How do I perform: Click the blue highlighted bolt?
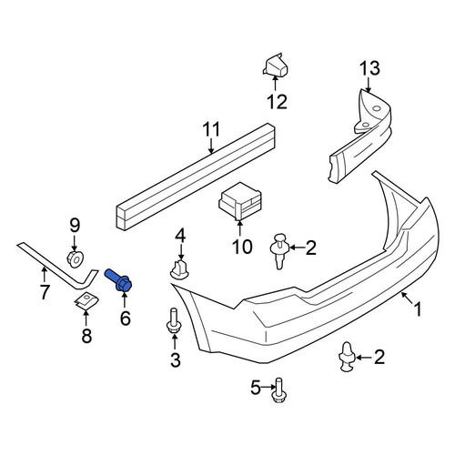pyautogui.click(x=118, y=280)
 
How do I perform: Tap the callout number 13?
pyautogui.click(x=369, y=68)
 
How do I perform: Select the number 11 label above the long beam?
pyautogui.click(x=211, y=129)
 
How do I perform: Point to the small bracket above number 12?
pyautogui.click(x=276, y=65)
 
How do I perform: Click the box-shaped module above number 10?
pyautogui.click(x=239, y=201)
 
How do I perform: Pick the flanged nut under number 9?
pyautogui.click(x=75, y=259)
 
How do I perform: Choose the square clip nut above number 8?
pyautogui.click(x=86, y=300)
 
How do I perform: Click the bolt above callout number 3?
pyautogui.click(x=174, y=320)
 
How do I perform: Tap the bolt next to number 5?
pyautogui.click(x=278, y=390)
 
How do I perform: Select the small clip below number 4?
pyautogui.click(x=179, y=269)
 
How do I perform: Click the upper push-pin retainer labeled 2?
pyautogui.click(x=279, y=250)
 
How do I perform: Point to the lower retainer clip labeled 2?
pyautogui.click(x=348, y=357)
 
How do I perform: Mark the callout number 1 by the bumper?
pyautogui.click(x=418, y=309)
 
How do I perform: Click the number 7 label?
pyautogui.click(x=45, y=292)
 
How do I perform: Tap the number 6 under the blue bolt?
pyautogui.click(x=126, y=318)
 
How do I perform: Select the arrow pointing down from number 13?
pyautogui.click(x=369, y=85)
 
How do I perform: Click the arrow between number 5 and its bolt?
pyautogui.click(x=268, y=387)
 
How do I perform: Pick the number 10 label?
pyautogui.click(x=242, y=247)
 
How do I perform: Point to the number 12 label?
pyautogui.click(x=277, y=102)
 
